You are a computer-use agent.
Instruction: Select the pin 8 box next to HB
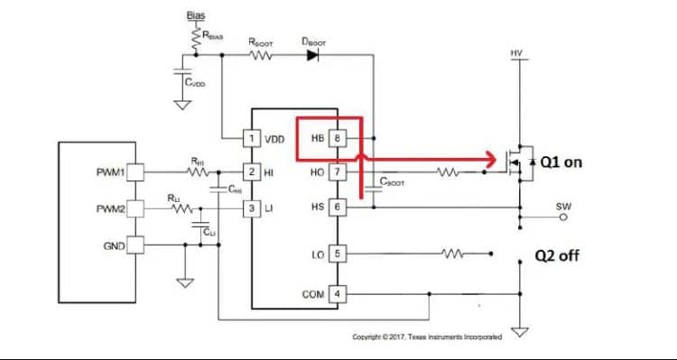pos(337,139)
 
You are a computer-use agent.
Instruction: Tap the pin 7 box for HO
pos(337,171)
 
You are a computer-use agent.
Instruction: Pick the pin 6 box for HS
pos(337,207)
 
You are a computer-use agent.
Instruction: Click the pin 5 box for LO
pos(337,254)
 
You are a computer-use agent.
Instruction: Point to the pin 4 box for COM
pos(337,294)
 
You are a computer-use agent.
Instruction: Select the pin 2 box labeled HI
pos(252,171)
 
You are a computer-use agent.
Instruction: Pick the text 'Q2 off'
pos(557,255)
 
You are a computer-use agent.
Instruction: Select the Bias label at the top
pos(194,15)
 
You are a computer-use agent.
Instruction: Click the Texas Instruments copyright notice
pos(426,337)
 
